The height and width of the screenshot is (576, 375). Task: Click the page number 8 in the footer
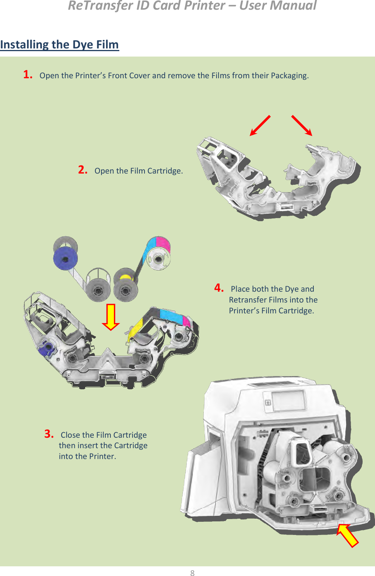pos(192,573)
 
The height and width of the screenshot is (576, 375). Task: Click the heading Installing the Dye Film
pos(59,45)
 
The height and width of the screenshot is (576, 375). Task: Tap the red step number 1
pos(28,74)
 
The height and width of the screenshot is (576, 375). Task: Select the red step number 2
pos(83,170)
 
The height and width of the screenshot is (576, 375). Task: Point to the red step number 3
pos(49,434)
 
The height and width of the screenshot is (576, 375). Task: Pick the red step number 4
pos(219,288)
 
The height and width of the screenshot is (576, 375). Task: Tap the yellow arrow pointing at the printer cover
pos(347,535)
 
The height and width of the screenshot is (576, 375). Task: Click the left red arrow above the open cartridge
pos(260,126)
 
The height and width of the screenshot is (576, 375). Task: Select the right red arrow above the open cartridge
pos(302,125)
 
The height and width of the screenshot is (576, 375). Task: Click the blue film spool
pos(65,258)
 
